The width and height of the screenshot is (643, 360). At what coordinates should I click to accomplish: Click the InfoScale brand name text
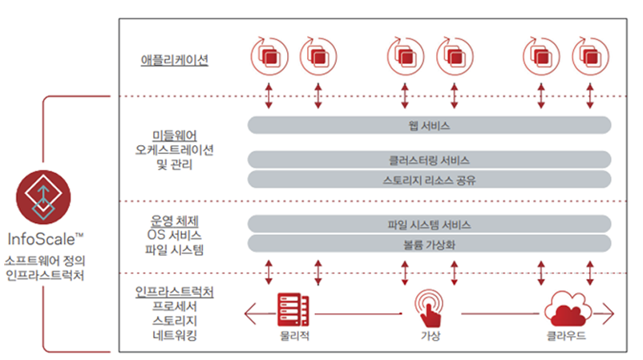click(45, 239)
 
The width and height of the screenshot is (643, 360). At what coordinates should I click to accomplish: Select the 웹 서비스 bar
click(429, 126)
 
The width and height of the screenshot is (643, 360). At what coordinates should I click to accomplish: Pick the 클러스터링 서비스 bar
click(429, 160)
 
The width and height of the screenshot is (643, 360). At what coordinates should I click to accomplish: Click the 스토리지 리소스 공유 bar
click(429, 179)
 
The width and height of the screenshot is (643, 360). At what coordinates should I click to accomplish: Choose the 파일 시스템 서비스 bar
click(429, 224)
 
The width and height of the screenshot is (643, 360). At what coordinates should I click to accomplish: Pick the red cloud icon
click(566, 309)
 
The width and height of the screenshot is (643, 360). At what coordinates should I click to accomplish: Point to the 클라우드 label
click(566, 336)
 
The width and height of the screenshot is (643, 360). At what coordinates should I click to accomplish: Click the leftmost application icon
click(269, 56)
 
